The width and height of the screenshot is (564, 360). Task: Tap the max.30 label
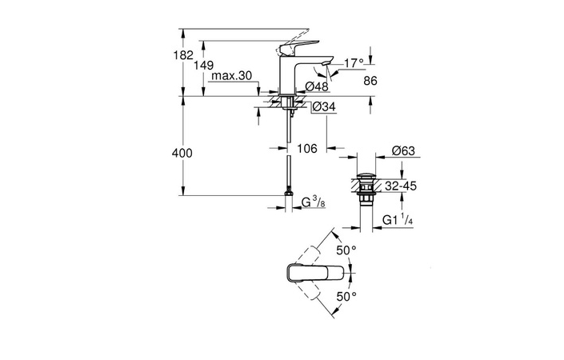[x=233, y=76]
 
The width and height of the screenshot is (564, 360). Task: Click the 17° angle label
[x=354, y=62]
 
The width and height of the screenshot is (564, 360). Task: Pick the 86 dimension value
[x=370, y=81]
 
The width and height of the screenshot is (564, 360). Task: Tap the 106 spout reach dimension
[x=307, y=149]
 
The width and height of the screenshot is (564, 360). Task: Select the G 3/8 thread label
[x=313, y=203]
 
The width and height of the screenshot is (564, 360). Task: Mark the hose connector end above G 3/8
[x=286, y=194]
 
